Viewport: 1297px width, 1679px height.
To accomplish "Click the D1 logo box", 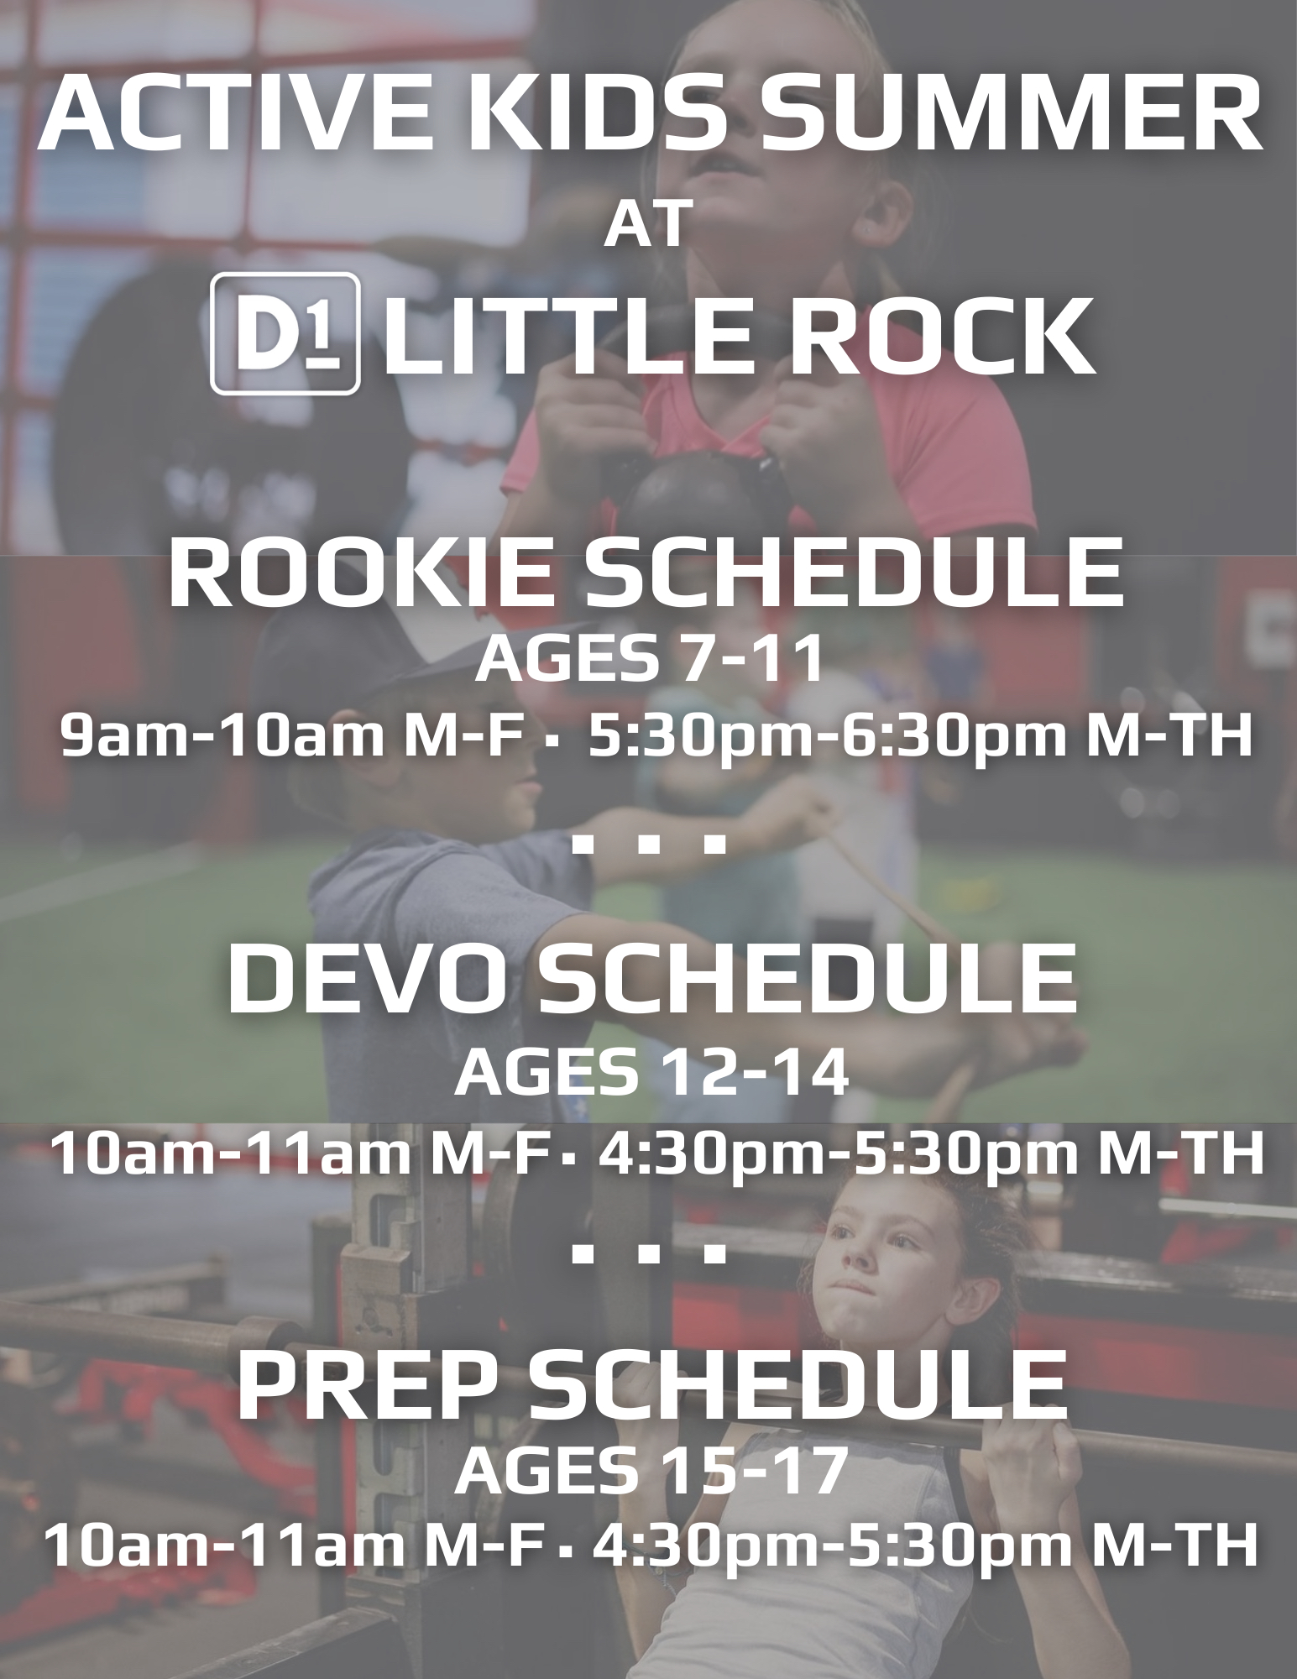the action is (x=285, y=333).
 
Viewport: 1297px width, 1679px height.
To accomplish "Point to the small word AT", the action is (x=647, y=225).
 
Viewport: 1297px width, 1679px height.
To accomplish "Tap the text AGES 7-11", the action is (x=648, y=660).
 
